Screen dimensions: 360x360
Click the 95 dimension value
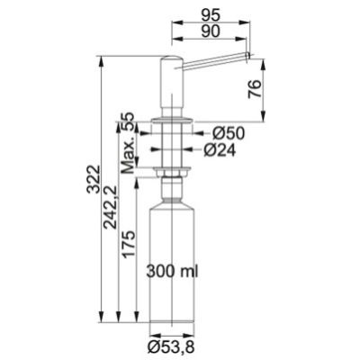[x=211, y=14]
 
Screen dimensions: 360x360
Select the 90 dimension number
[x=211, y=31]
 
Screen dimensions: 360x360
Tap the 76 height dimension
[x=254, y=89]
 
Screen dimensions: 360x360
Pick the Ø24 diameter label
[x=220, y=149]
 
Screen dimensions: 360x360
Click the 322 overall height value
[x=93, y=179]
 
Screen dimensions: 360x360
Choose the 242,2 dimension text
[x=110, y=208]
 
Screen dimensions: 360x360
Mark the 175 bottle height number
[x=128, y=244]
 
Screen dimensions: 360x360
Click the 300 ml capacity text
[x=172, y=272]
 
